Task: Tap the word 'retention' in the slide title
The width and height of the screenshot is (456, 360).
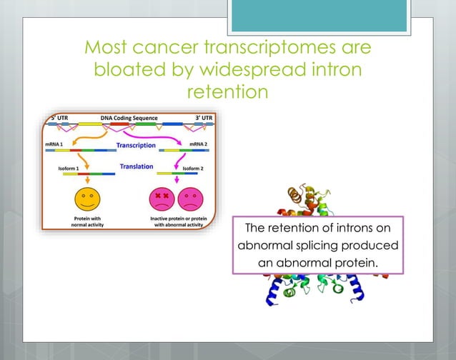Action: point(227,92)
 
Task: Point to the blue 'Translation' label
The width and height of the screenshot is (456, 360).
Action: point(136,166)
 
